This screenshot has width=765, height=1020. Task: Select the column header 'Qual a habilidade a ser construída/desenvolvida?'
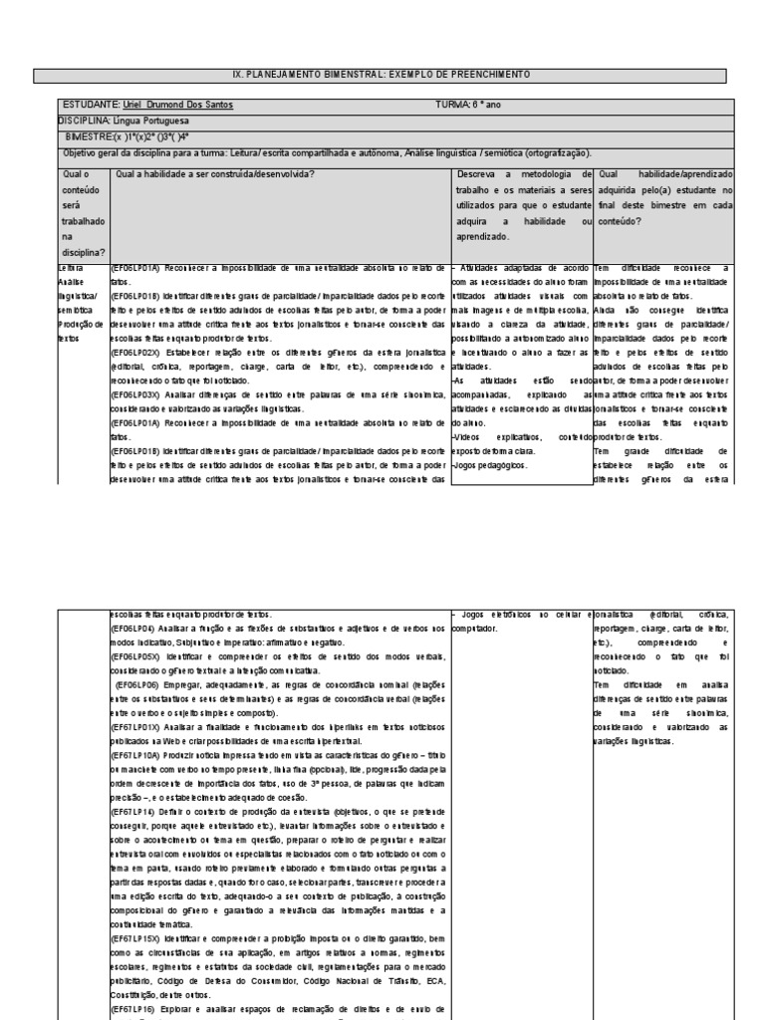coord(216,173)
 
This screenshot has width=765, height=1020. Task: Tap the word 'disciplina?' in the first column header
coord(82,252)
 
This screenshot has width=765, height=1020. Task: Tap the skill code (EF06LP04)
coord(131,628)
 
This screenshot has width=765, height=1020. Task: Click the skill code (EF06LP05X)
coord(133,656)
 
